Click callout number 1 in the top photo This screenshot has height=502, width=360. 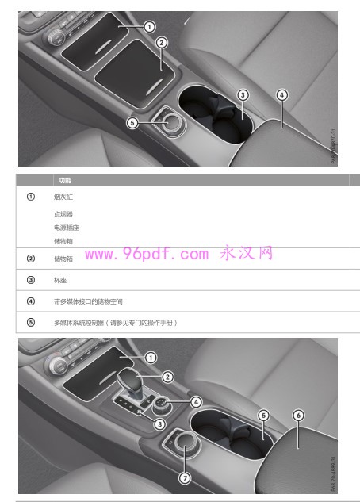pos(149,27)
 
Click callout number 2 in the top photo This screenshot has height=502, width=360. pos(161,43)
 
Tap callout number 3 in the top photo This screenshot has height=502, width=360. pos(243,95)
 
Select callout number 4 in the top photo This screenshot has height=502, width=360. pos(281,95)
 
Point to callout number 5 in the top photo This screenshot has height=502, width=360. pos(132,122)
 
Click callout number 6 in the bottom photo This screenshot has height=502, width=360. pos(298,415)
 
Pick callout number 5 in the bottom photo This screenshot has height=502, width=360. pos(264,415)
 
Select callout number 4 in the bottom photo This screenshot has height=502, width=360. pos(196,401)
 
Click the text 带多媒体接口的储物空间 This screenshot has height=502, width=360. pos(88,301)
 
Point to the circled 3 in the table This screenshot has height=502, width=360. pos(30,280)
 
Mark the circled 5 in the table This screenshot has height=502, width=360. pos(30,323)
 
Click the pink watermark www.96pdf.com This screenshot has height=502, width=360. pos(147,254)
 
